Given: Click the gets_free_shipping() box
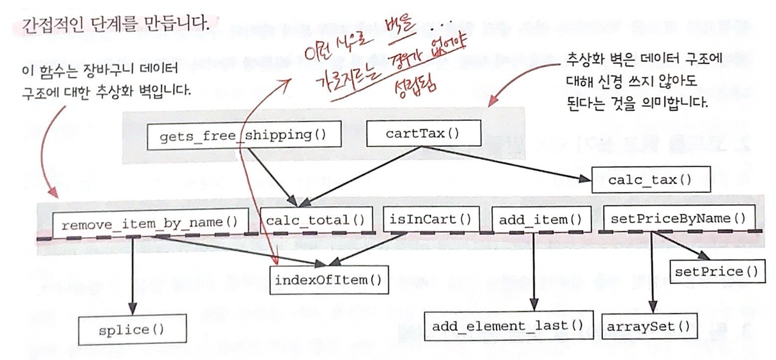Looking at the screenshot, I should coord(244,135).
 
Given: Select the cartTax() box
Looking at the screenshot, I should coord(423,133).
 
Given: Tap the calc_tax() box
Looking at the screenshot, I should coord(644,179).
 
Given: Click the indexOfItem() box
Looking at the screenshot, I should coord(328,279).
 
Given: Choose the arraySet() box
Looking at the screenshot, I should coord(648,326).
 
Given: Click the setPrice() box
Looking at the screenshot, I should coord(717,272).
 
